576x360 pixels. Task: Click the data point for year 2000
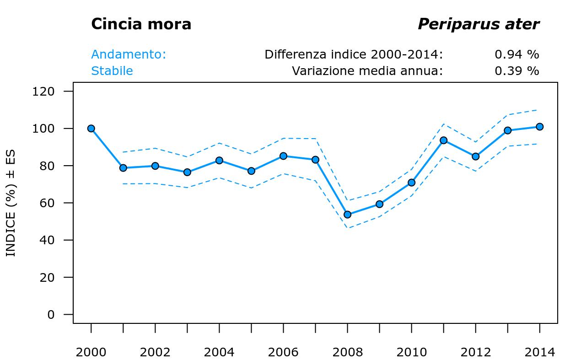click(91, 129)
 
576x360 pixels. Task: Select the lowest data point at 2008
click(347, 215)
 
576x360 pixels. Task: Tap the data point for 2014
click(539, 127)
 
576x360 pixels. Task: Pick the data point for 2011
click(443, 140)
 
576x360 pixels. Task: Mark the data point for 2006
click(283, 156)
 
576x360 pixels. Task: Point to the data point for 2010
click(411, 183)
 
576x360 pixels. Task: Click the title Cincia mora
click(141, 24)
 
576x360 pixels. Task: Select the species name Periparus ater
click(478, 24)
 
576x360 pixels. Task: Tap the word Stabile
click(112, 71)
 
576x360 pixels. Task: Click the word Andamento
click(129, 54)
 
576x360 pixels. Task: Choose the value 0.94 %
click(517, 54)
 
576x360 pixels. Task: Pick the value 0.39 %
click(517, 71)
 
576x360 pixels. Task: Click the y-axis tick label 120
click(43, 91)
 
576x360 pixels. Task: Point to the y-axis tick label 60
click(48, 203)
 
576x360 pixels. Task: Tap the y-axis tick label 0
click(51, 315)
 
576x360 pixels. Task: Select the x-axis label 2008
click(347, 352)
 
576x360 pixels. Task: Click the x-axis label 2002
click(155, 352)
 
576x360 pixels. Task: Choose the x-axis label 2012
click(475, 352)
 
